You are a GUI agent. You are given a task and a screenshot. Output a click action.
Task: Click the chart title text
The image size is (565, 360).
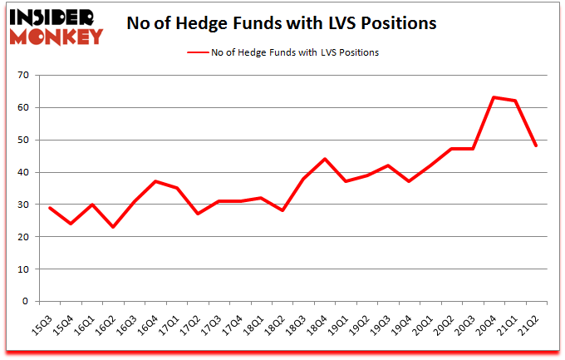[x=281, y=23]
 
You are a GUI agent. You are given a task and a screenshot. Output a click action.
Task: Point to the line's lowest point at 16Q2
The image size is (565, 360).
[x=113, y=227]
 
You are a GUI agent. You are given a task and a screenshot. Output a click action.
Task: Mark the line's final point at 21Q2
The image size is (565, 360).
[x=536, y=146]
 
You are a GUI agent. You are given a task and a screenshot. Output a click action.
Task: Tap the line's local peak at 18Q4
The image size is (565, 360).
[x=325, y=159]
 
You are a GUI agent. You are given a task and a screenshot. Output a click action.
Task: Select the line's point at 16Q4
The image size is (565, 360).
[x=155, y=181]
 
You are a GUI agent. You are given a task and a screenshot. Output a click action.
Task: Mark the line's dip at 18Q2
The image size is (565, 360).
[x=282, y=210]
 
